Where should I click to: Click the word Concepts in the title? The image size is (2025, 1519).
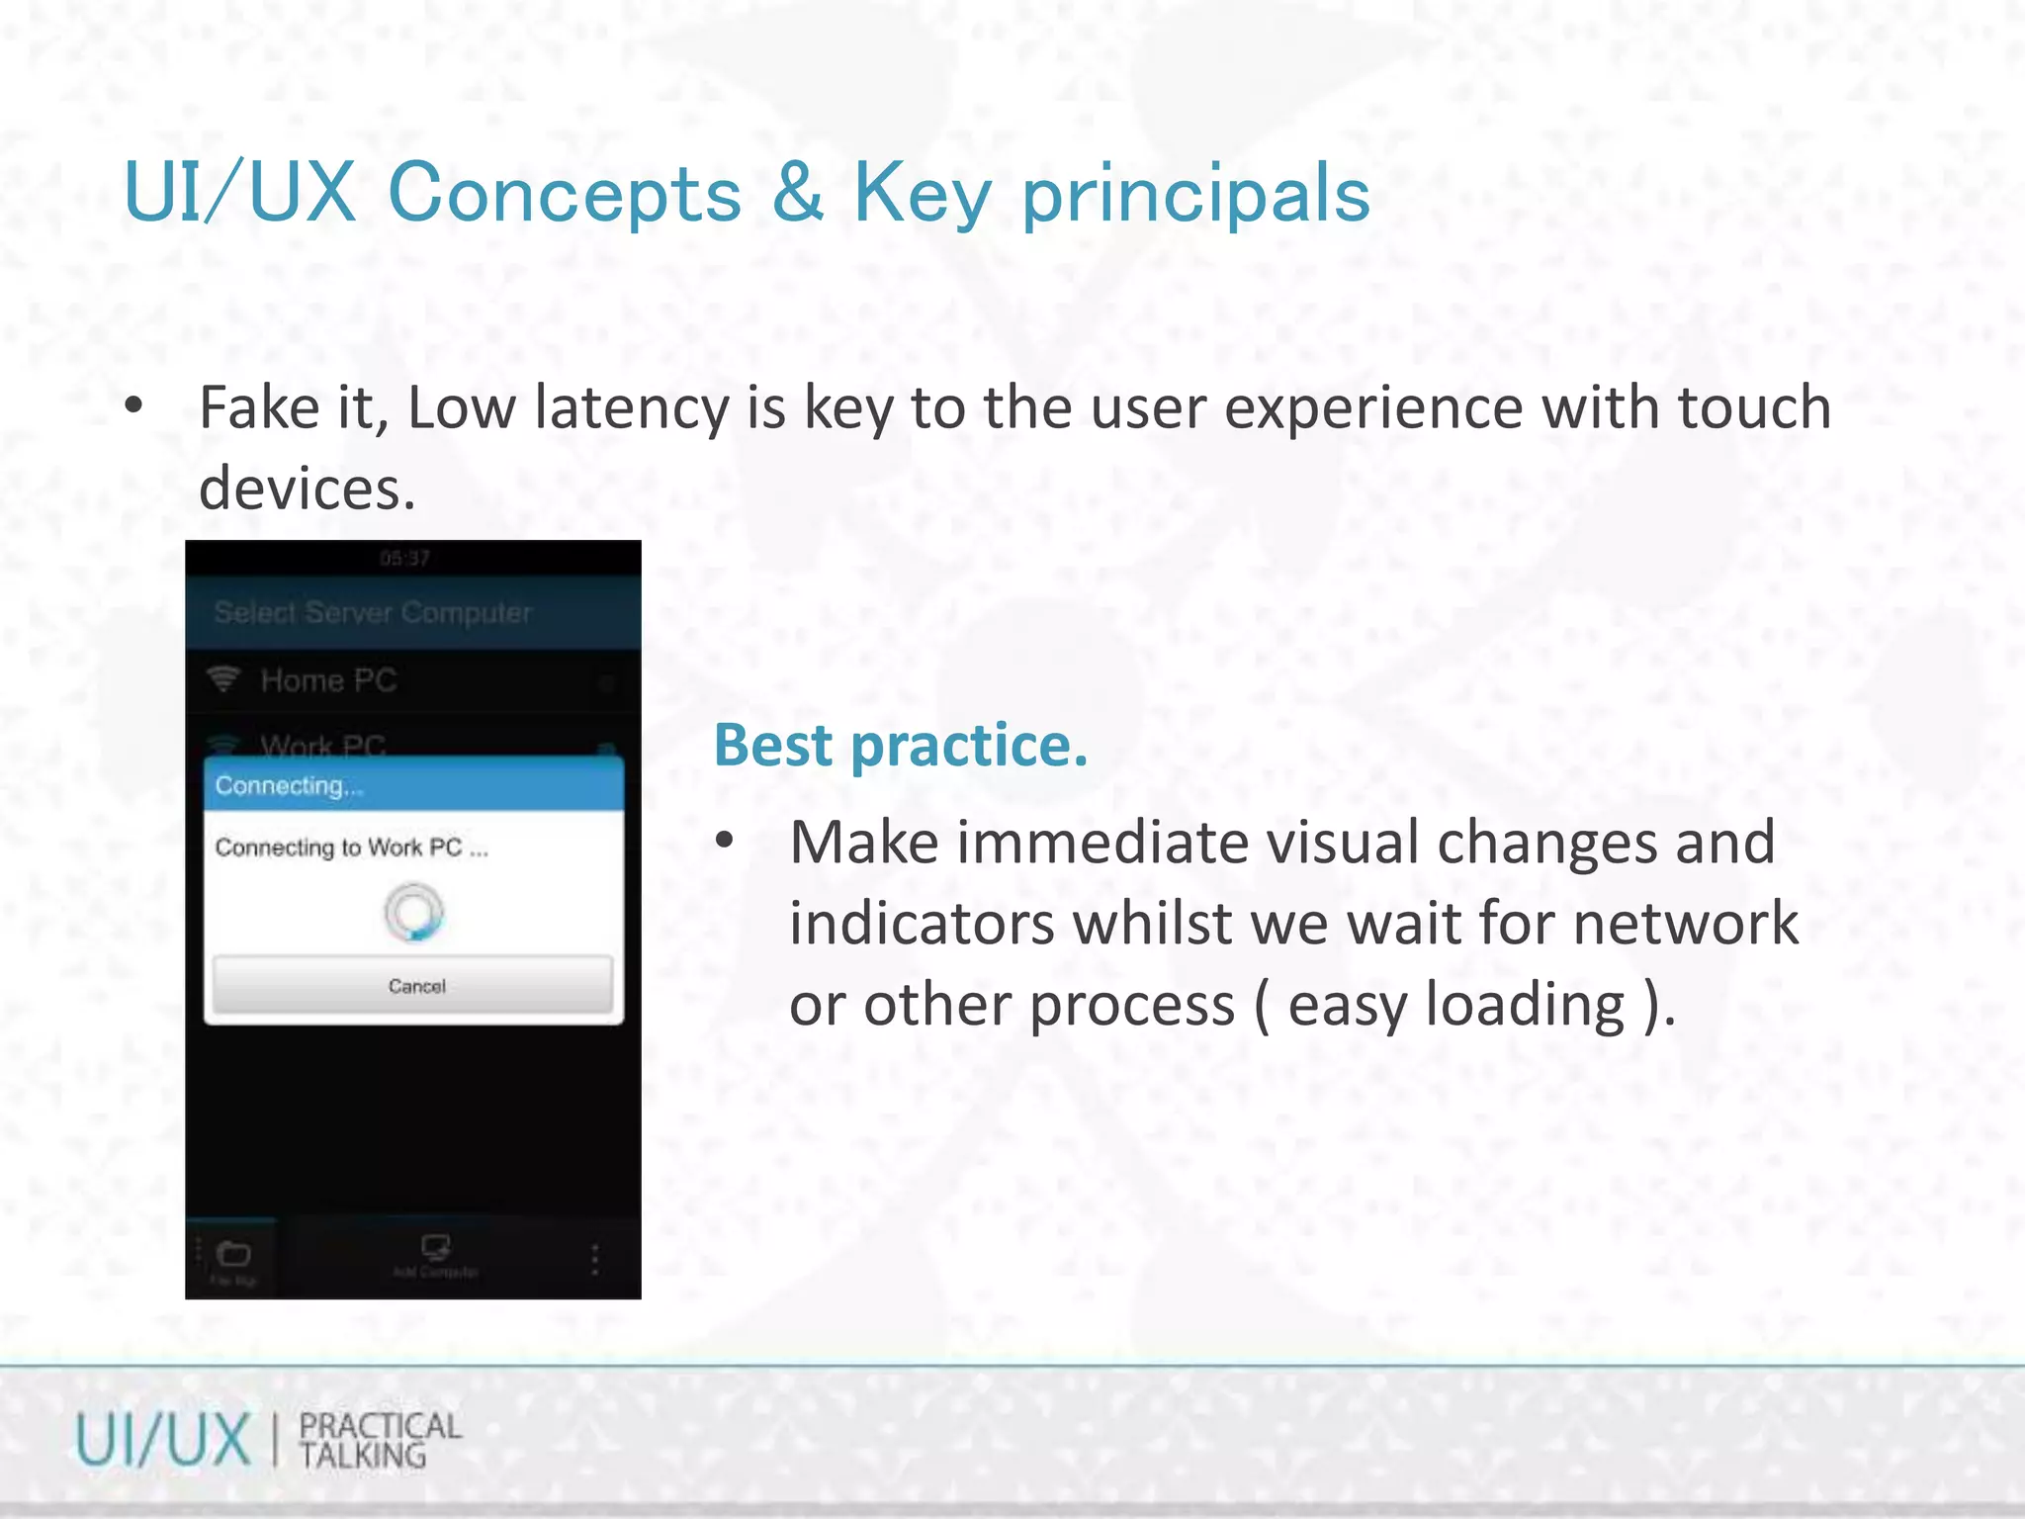point(565,193)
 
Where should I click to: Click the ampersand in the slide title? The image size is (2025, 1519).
point(797,193)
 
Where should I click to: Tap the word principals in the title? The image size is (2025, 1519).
point(1195,195)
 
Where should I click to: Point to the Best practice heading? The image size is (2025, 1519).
point(900,745)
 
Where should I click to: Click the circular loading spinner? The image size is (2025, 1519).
point(413,913)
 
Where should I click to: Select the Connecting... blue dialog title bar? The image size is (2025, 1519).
point(413,786)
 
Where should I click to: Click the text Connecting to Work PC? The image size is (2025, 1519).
point(351,848)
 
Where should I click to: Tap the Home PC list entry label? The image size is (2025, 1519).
point(328,680)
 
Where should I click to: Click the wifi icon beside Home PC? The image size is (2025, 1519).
point(224,679)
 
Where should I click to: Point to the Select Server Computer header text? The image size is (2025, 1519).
point(373,613)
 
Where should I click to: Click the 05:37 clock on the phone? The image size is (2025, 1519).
point(404,559)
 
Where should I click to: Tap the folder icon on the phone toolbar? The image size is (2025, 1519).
point(233,1254)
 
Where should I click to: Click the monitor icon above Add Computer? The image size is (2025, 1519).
point(435,1246)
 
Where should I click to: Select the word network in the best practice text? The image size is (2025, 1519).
point(1685,924)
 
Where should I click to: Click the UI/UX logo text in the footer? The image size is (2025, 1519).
point(163,1440)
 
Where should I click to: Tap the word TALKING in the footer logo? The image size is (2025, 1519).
point(363,1456)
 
